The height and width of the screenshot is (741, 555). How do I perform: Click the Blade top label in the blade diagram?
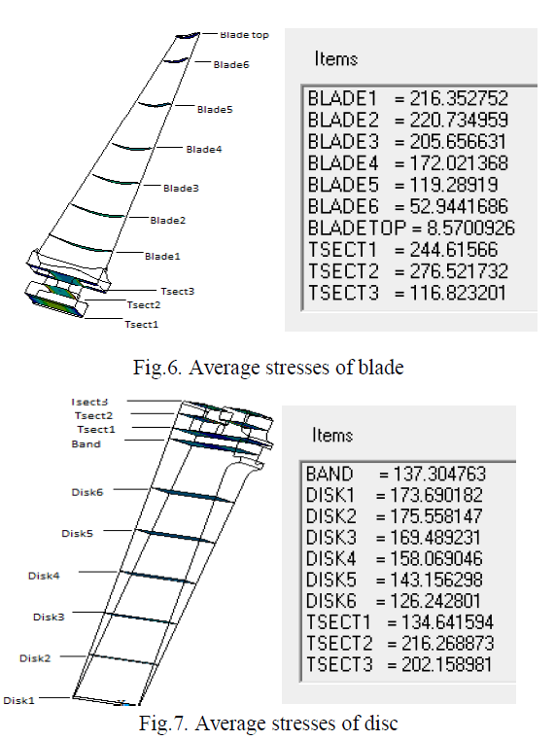(244, 35)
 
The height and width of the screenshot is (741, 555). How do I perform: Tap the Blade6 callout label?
(231, 65)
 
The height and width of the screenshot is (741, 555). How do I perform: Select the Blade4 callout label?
(203, 150)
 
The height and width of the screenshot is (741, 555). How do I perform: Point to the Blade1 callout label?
(162, 256)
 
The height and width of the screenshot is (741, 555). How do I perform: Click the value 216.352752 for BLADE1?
(459, 98)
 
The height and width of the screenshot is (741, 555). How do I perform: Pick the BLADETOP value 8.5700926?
(470, 228)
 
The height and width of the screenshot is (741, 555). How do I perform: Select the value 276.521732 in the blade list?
(459, 271)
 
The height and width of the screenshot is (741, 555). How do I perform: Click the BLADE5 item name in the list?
(343, 185)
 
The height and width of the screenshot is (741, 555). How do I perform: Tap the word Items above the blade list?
(336, 58)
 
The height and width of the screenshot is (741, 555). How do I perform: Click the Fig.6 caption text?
(268, 368)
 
